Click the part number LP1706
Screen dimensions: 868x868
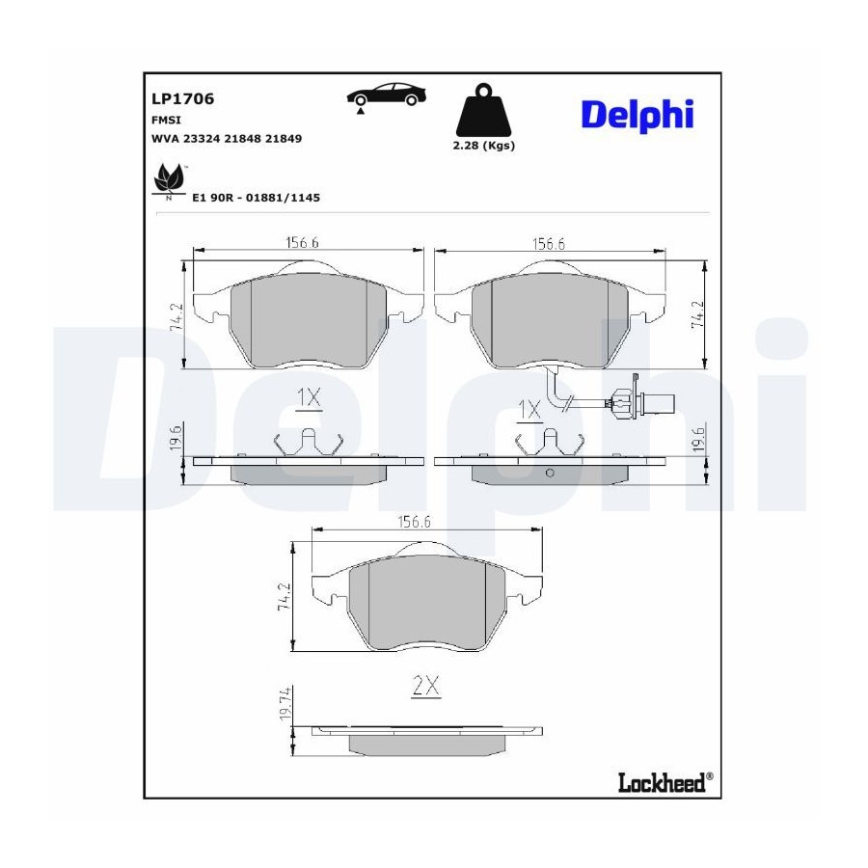coord(182,99)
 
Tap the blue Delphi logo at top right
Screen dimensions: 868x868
coord(637,116)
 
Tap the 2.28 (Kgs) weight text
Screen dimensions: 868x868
coord(484,146)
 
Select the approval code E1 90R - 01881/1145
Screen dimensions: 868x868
coord(256,198)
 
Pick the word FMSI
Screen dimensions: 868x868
coord(166,121)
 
